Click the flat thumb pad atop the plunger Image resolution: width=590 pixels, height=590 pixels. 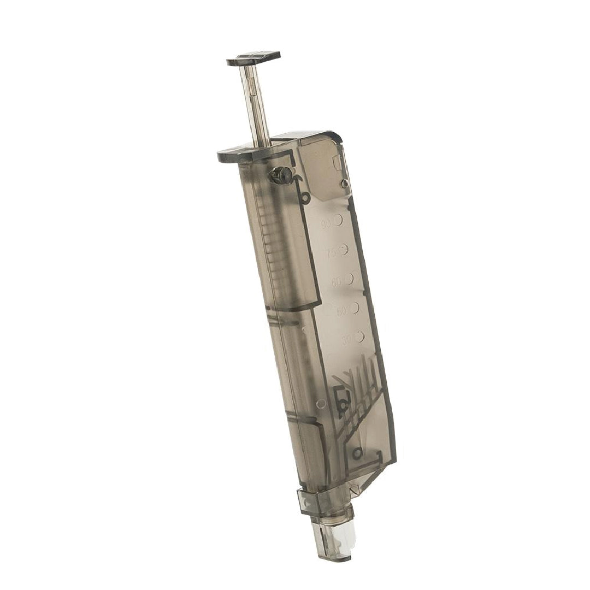pos(253,58)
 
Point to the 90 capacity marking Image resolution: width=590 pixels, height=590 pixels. pos(333,221)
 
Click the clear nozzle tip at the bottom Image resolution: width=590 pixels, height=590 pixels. pos(333,541)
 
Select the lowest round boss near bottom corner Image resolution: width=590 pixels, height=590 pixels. pos(357,453)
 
